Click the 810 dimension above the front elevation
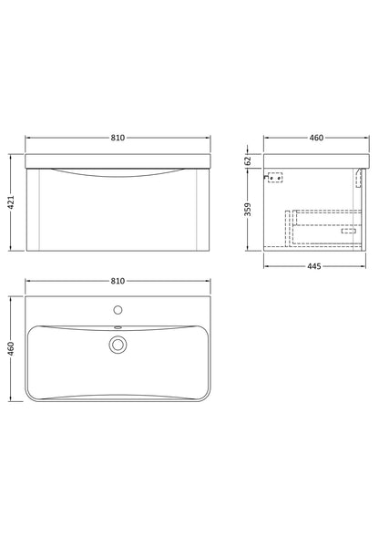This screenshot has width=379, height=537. coord(118,138)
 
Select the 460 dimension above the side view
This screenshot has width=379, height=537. coord(316,138)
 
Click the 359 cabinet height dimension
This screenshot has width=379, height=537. coord(248,211)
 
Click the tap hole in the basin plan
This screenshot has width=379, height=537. coord(118,309)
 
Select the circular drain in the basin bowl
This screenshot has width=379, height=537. coord(118,344)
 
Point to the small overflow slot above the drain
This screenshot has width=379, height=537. coord(118,327)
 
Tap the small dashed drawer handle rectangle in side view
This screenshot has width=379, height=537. coord(349,230)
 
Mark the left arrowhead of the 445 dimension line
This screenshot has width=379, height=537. coord(265,265)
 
